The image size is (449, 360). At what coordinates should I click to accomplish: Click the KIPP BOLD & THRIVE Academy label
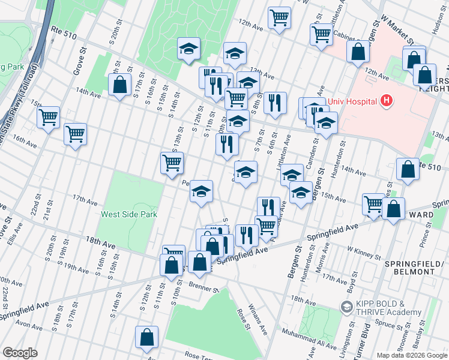click(388, 308)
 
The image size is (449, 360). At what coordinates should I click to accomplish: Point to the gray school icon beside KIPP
click(346, 307)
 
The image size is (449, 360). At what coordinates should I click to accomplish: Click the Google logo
click(20, 352)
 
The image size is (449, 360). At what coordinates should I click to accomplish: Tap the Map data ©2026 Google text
click(411, 355)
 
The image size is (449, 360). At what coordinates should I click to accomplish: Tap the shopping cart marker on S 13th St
click(172, 163)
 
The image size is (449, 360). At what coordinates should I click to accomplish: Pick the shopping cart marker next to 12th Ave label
click(279, 18)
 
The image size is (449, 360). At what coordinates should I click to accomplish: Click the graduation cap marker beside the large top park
click(189, 49)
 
